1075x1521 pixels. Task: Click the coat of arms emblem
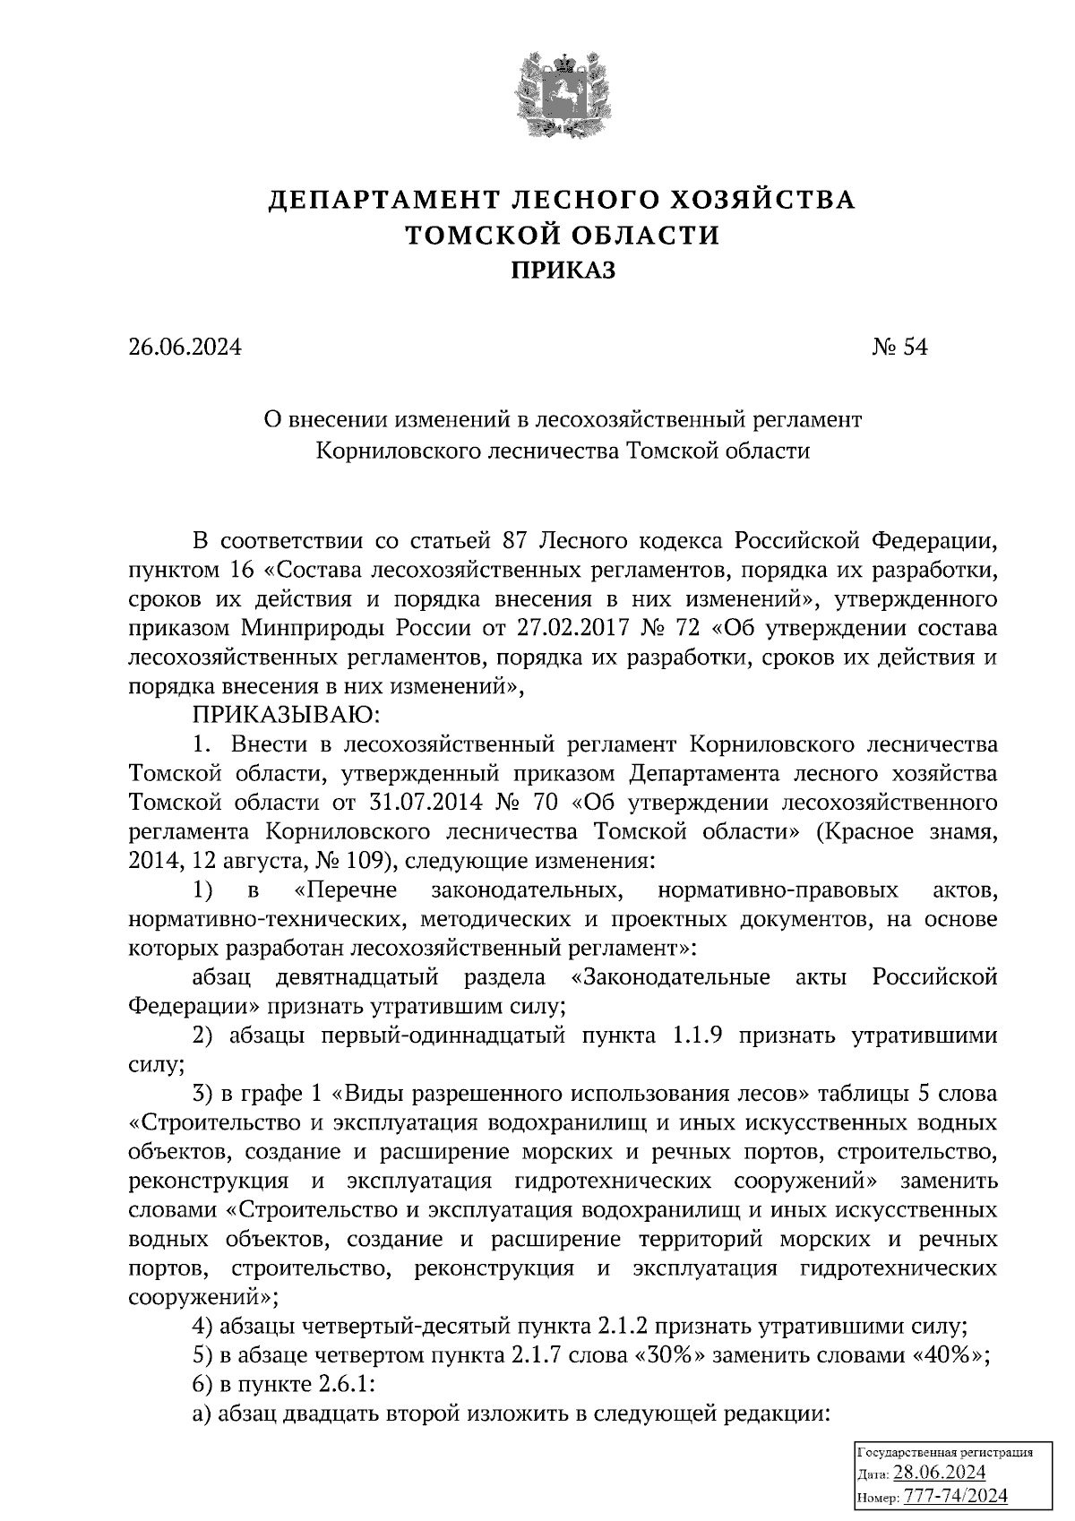563,96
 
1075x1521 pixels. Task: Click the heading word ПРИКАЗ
563,269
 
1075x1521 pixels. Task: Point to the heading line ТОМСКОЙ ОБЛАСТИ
563,235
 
